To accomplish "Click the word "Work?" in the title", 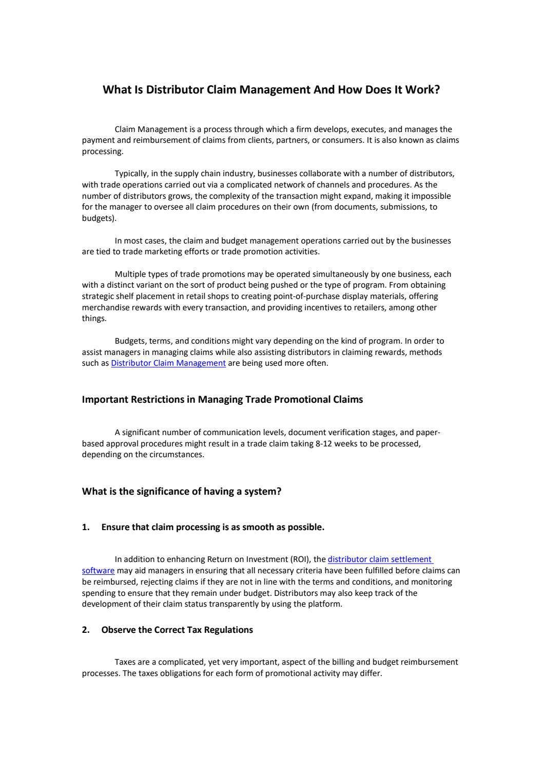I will coord(422,90).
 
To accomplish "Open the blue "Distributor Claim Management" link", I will coord(168,363).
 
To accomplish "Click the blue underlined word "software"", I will coord(98,571).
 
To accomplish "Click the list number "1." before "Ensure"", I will coord(86,528).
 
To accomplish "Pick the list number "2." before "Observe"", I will coord(86,630).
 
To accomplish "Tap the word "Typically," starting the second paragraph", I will coord(132,174).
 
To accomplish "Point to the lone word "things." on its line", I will coord(94,318).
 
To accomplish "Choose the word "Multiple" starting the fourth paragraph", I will coord(130,274).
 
